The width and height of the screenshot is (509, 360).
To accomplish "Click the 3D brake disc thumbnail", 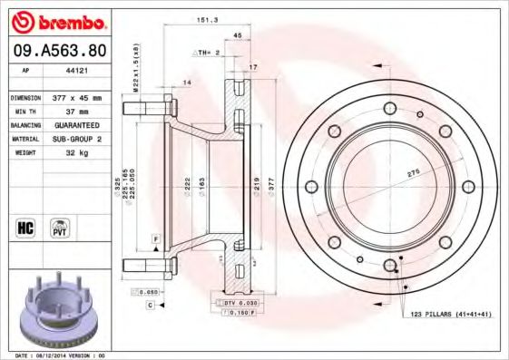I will (56, 308).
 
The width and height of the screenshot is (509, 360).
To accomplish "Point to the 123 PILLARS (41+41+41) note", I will (452, 313).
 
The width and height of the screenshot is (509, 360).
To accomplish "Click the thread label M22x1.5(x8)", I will (135, 69).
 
